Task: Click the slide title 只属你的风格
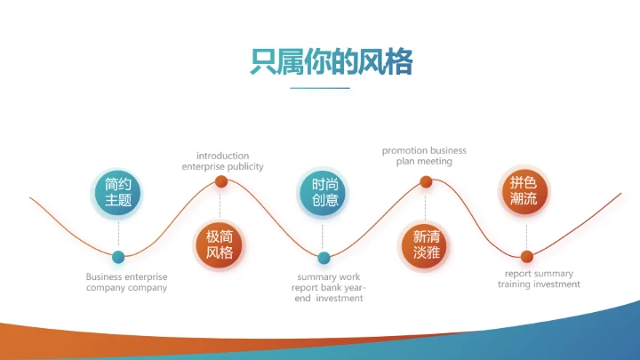pos(320,61)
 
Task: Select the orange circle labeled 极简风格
pos(220,244)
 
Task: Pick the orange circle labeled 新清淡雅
pos(426,244)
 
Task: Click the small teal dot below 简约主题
pos(118,258)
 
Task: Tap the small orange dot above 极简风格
pos(220,182)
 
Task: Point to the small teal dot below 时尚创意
pos(324,259)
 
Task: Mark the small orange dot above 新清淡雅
pos(426,182)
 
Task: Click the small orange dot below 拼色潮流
pos(526,257)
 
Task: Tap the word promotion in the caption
pos(406,150)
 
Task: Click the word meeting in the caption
pos(435,161)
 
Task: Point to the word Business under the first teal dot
pos(104,276)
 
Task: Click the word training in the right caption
pos(515,284)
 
